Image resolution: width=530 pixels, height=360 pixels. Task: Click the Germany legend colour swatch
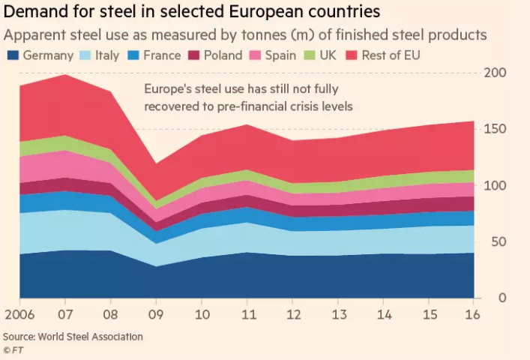(x=13, y=55)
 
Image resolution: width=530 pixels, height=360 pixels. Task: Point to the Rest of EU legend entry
(x=382, y=55)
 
